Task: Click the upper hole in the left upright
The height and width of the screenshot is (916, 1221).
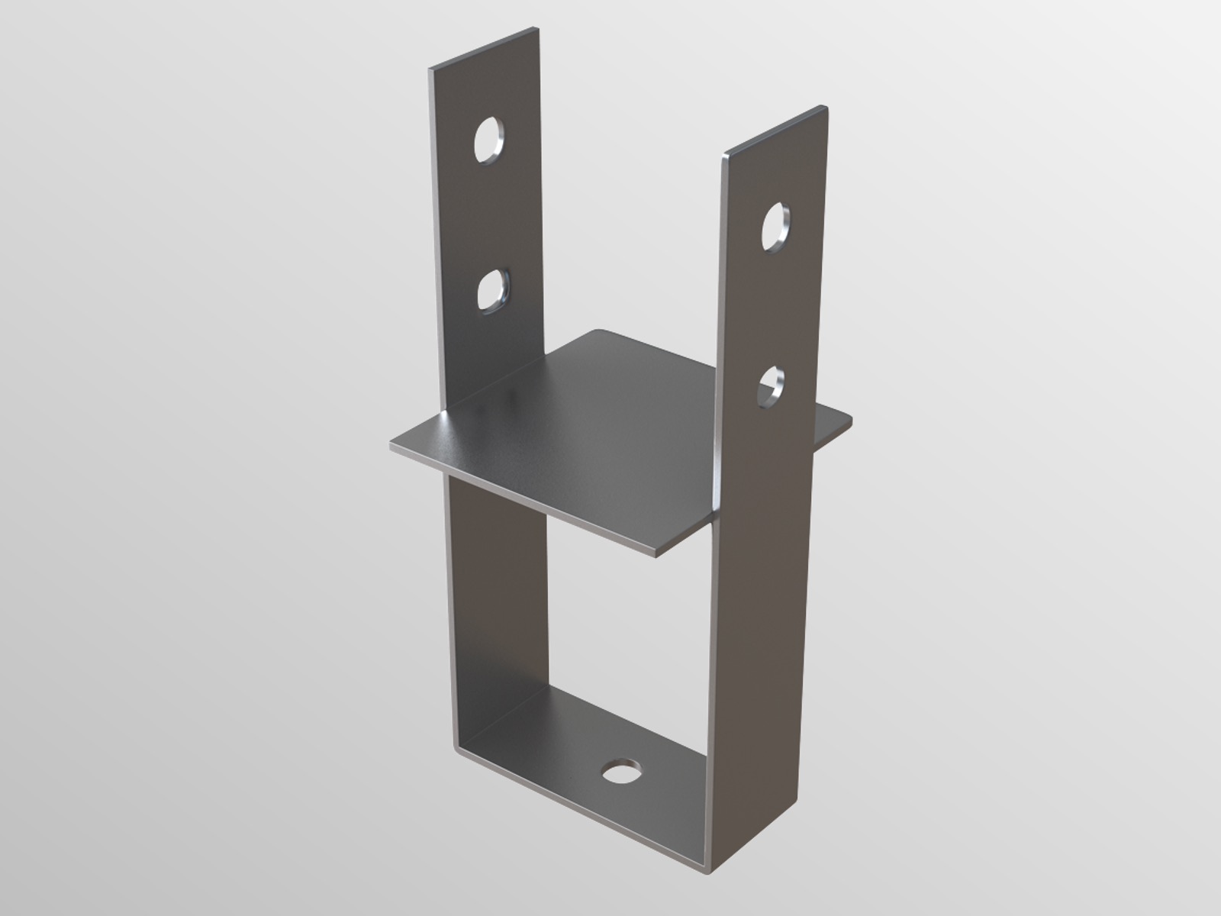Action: [x=488, y=140]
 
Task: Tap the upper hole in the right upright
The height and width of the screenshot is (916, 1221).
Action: [x=775, y=225]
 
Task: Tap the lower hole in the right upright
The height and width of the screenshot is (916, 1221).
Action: [x=772, y=385]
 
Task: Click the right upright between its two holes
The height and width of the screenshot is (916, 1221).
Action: [x=773, y=305]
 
